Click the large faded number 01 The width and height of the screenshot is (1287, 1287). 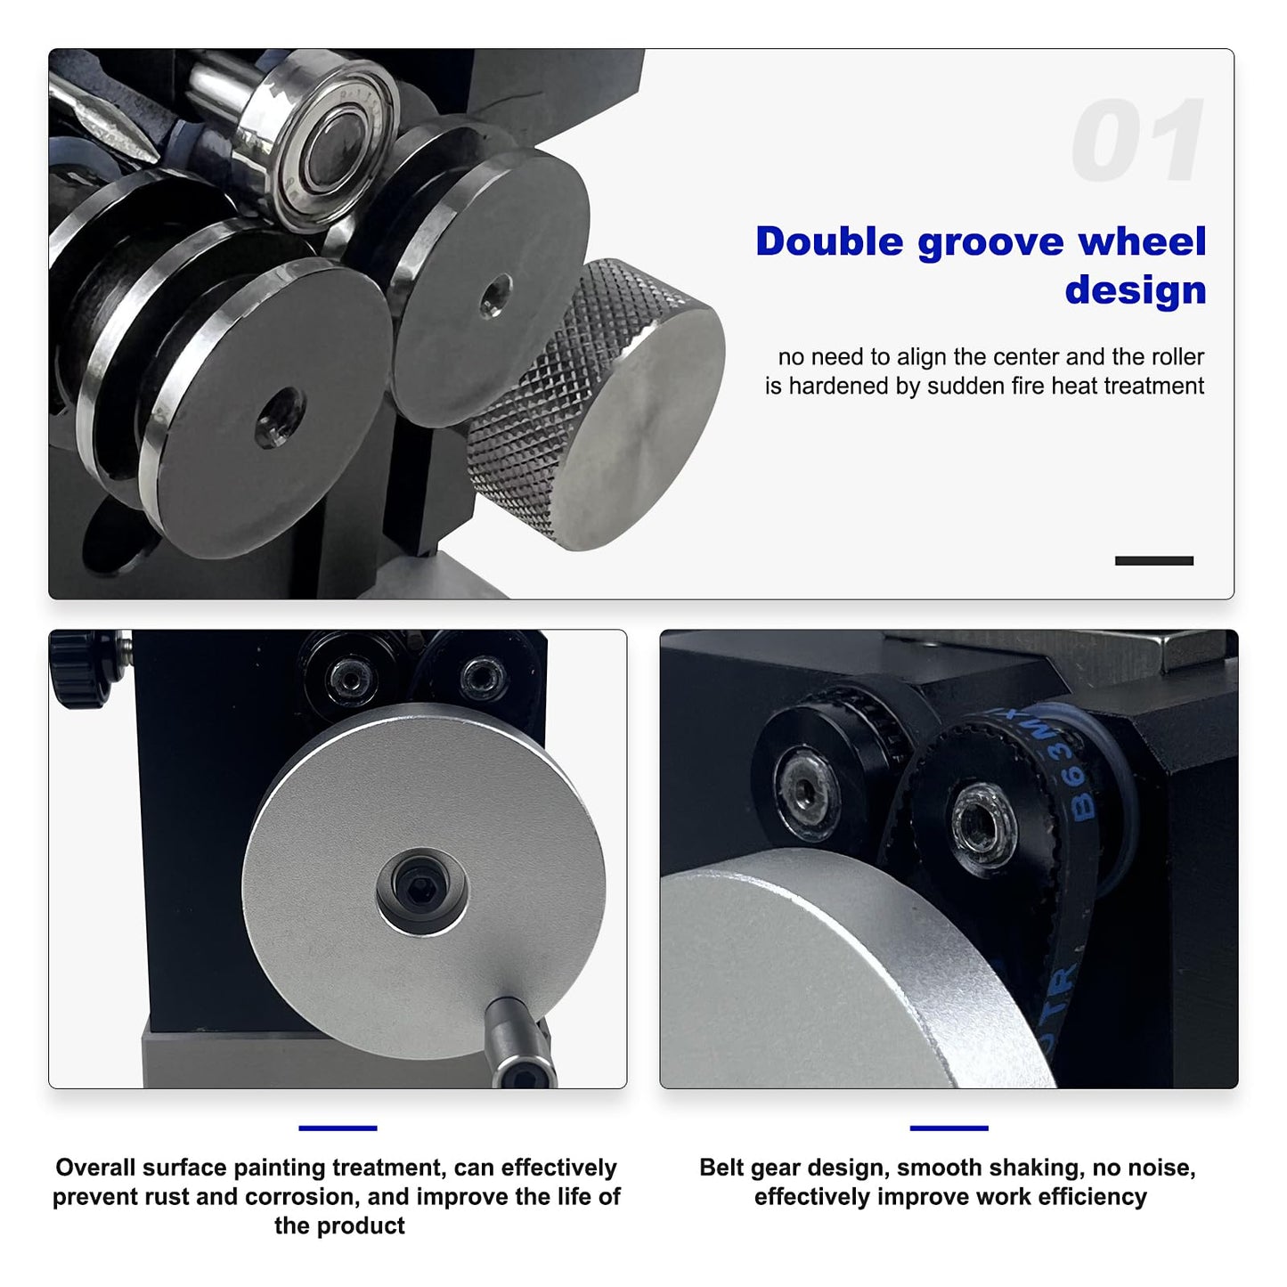pyautogui.click(x=1137, y=140)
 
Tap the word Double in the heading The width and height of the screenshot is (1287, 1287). pyautogui.click(x=829, y=241)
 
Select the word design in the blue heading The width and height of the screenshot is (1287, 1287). pyautogui.click(x=1136, y=290)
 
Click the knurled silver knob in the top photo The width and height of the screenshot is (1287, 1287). pyautogui.click(x=598, y=404)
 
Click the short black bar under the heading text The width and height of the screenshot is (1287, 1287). pyautogui.click(x=1154, y=561)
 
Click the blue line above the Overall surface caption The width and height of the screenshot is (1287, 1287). pyautogui.click(x=338, y=1128)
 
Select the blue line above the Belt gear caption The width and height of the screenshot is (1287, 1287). pyautogui.click(x=949, y=1128)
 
